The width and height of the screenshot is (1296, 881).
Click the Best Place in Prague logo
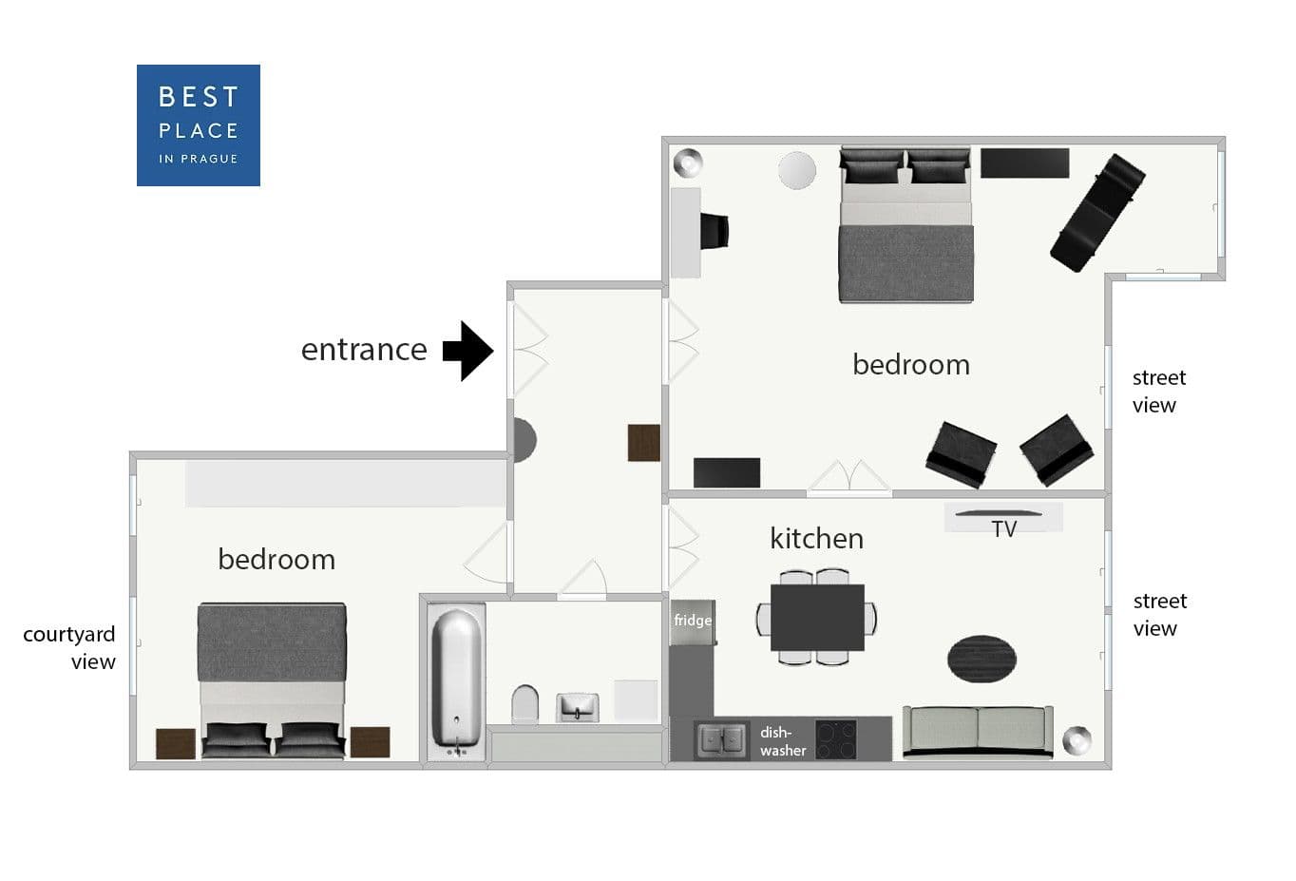[199, 125]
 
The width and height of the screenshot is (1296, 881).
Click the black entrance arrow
[467, 351]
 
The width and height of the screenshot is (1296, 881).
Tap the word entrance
[364, 350]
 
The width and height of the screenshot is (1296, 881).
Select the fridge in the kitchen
[693, 622]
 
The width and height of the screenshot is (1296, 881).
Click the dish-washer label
[783, 741]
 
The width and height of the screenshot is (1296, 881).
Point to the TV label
[1003, 529]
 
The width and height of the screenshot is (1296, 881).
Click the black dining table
[817, 618]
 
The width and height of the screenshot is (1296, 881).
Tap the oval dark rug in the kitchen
[982, 659]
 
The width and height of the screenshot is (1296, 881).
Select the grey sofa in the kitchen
[978, 732]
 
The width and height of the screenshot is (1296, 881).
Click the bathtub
[456, 681]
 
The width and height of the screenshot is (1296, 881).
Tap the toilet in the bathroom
[524, 704]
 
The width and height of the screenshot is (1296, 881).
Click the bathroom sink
[578, 707]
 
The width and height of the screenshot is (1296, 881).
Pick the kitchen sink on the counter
[721, 739]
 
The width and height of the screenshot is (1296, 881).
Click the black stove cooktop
[836, 739]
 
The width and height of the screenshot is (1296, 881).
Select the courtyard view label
[69, 648]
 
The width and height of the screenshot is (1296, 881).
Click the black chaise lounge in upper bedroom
[1097, 213]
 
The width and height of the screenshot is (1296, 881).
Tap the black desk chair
[715, 231]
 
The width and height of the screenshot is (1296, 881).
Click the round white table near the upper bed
[797, 170]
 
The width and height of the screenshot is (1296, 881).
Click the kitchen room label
[817, 538]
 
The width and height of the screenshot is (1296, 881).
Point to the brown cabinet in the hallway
[644, 443]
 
